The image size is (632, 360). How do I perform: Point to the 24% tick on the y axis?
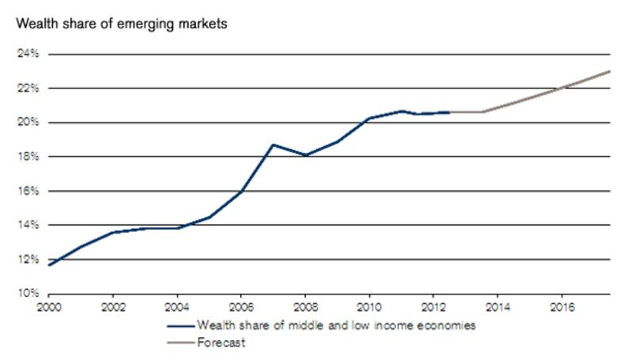pos(29,54)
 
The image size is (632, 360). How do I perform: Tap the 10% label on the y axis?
pos(29,294)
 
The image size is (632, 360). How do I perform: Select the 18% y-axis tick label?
pos(29,157)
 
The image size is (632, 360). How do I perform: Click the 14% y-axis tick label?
pos(29,225)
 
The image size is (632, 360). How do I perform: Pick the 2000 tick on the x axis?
pos(49,306)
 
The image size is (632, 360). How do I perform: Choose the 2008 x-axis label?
pos(305,306)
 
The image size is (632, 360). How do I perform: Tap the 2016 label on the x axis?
pos(561,306)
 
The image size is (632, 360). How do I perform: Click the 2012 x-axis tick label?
pos(433,306)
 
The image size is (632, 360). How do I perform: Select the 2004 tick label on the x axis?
pos(177,306)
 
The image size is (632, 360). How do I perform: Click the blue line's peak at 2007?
pos(273,144)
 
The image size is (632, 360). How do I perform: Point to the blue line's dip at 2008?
pos(305,156)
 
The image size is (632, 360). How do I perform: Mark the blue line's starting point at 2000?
pos(50,264)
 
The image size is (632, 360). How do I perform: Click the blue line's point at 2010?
pos(369,118)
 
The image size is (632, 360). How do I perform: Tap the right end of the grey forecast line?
pos(609,72)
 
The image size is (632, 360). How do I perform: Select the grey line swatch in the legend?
pos(179,343)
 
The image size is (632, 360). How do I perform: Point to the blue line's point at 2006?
pos(241,191)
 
